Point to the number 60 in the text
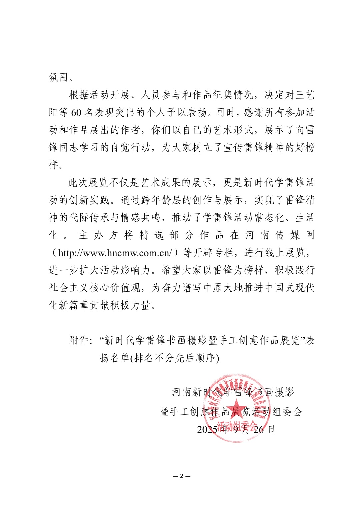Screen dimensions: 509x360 76,113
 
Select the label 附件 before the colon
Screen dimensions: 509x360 79,340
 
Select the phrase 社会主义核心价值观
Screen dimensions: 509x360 95,288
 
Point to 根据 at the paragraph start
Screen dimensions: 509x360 79,95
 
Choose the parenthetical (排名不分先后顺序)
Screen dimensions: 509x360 174,358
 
